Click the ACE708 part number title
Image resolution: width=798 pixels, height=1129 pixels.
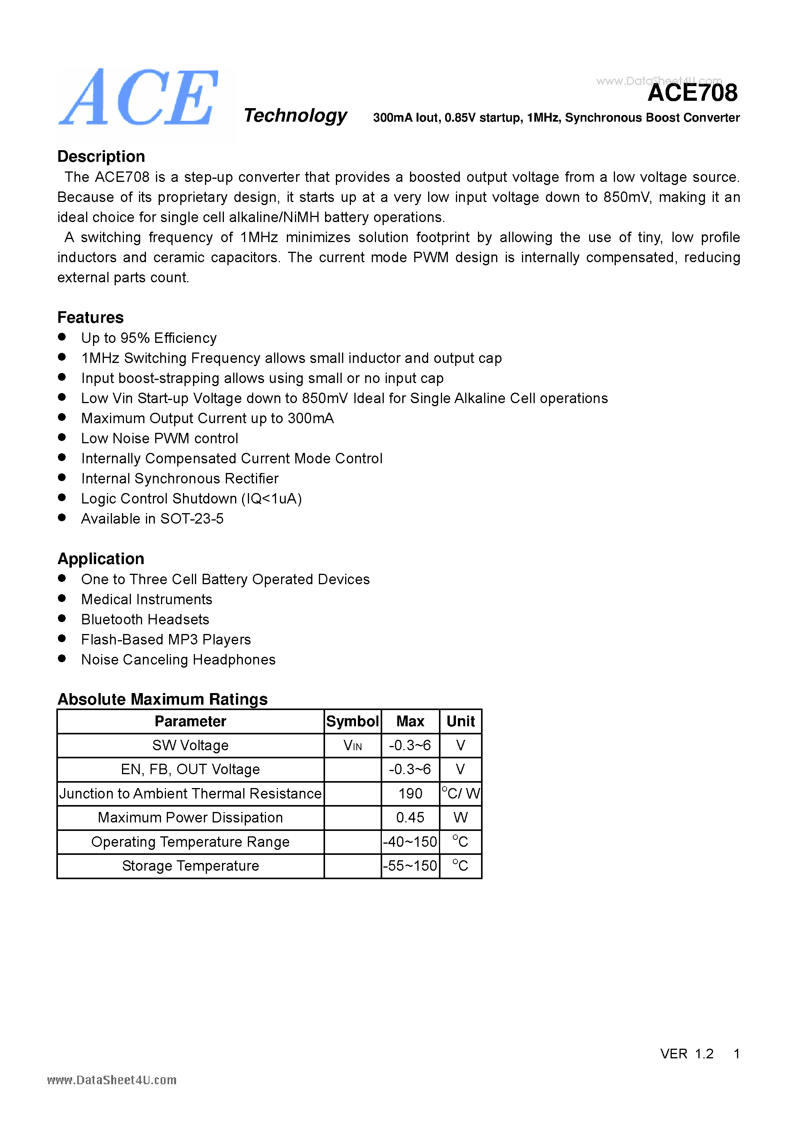692,93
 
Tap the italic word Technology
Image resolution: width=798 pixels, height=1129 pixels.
295,115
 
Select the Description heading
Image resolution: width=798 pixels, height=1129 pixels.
101,156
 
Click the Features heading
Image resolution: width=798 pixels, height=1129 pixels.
90,318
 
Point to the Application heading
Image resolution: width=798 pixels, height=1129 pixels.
101,559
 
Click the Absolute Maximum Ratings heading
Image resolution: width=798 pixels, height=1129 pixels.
162,699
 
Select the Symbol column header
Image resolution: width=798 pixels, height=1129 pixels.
352,721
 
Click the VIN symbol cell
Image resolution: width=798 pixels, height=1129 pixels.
352,746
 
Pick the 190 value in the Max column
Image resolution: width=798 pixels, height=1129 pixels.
410,793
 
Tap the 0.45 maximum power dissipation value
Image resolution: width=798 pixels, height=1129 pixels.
410,818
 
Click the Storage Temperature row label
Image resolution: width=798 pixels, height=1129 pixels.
190,866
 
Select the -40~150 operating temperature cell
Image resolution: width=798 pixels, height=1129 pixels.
410,842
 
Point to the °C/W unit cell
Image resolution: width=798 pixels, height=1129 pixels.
461,793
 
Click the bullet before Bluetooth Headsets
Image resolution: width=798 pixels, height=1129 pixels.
62,619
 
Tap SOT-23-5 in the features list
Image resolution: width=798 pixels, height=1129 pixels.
192,519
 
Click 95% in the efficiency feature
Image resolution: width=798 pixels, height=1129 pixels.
135,338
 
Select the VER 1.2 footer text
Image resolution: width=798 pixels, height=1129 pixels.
686,1054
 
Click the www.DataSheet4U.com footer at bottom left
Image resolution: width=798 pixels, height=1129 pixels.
112,1080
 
